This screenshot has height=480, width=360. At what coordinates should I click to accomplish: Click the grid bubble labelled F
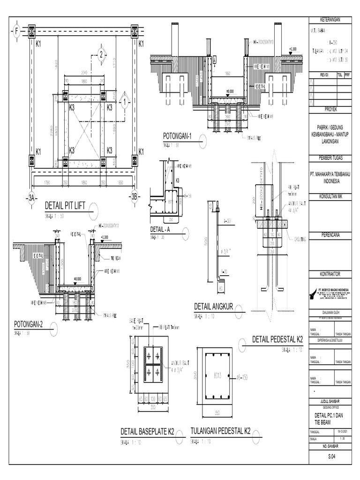(17, 31)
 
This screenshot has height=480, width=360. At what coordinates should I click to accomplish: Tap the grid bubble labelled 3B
(135, 197)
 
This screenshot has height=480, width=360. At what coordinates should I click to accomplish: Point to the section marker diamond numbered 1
(125, 101)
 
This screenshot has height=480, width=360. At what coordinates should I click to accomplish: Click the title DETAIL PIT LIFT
(66, 205)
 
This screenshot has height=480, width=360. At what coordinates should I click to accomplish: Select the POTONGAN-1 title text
(178, 136)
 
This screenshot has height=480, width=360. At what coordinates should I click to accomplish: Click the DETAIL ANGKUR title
(214, 307)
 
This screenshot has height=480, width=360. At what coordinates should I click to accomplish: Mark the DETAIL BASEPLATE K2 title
(147, 431)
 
